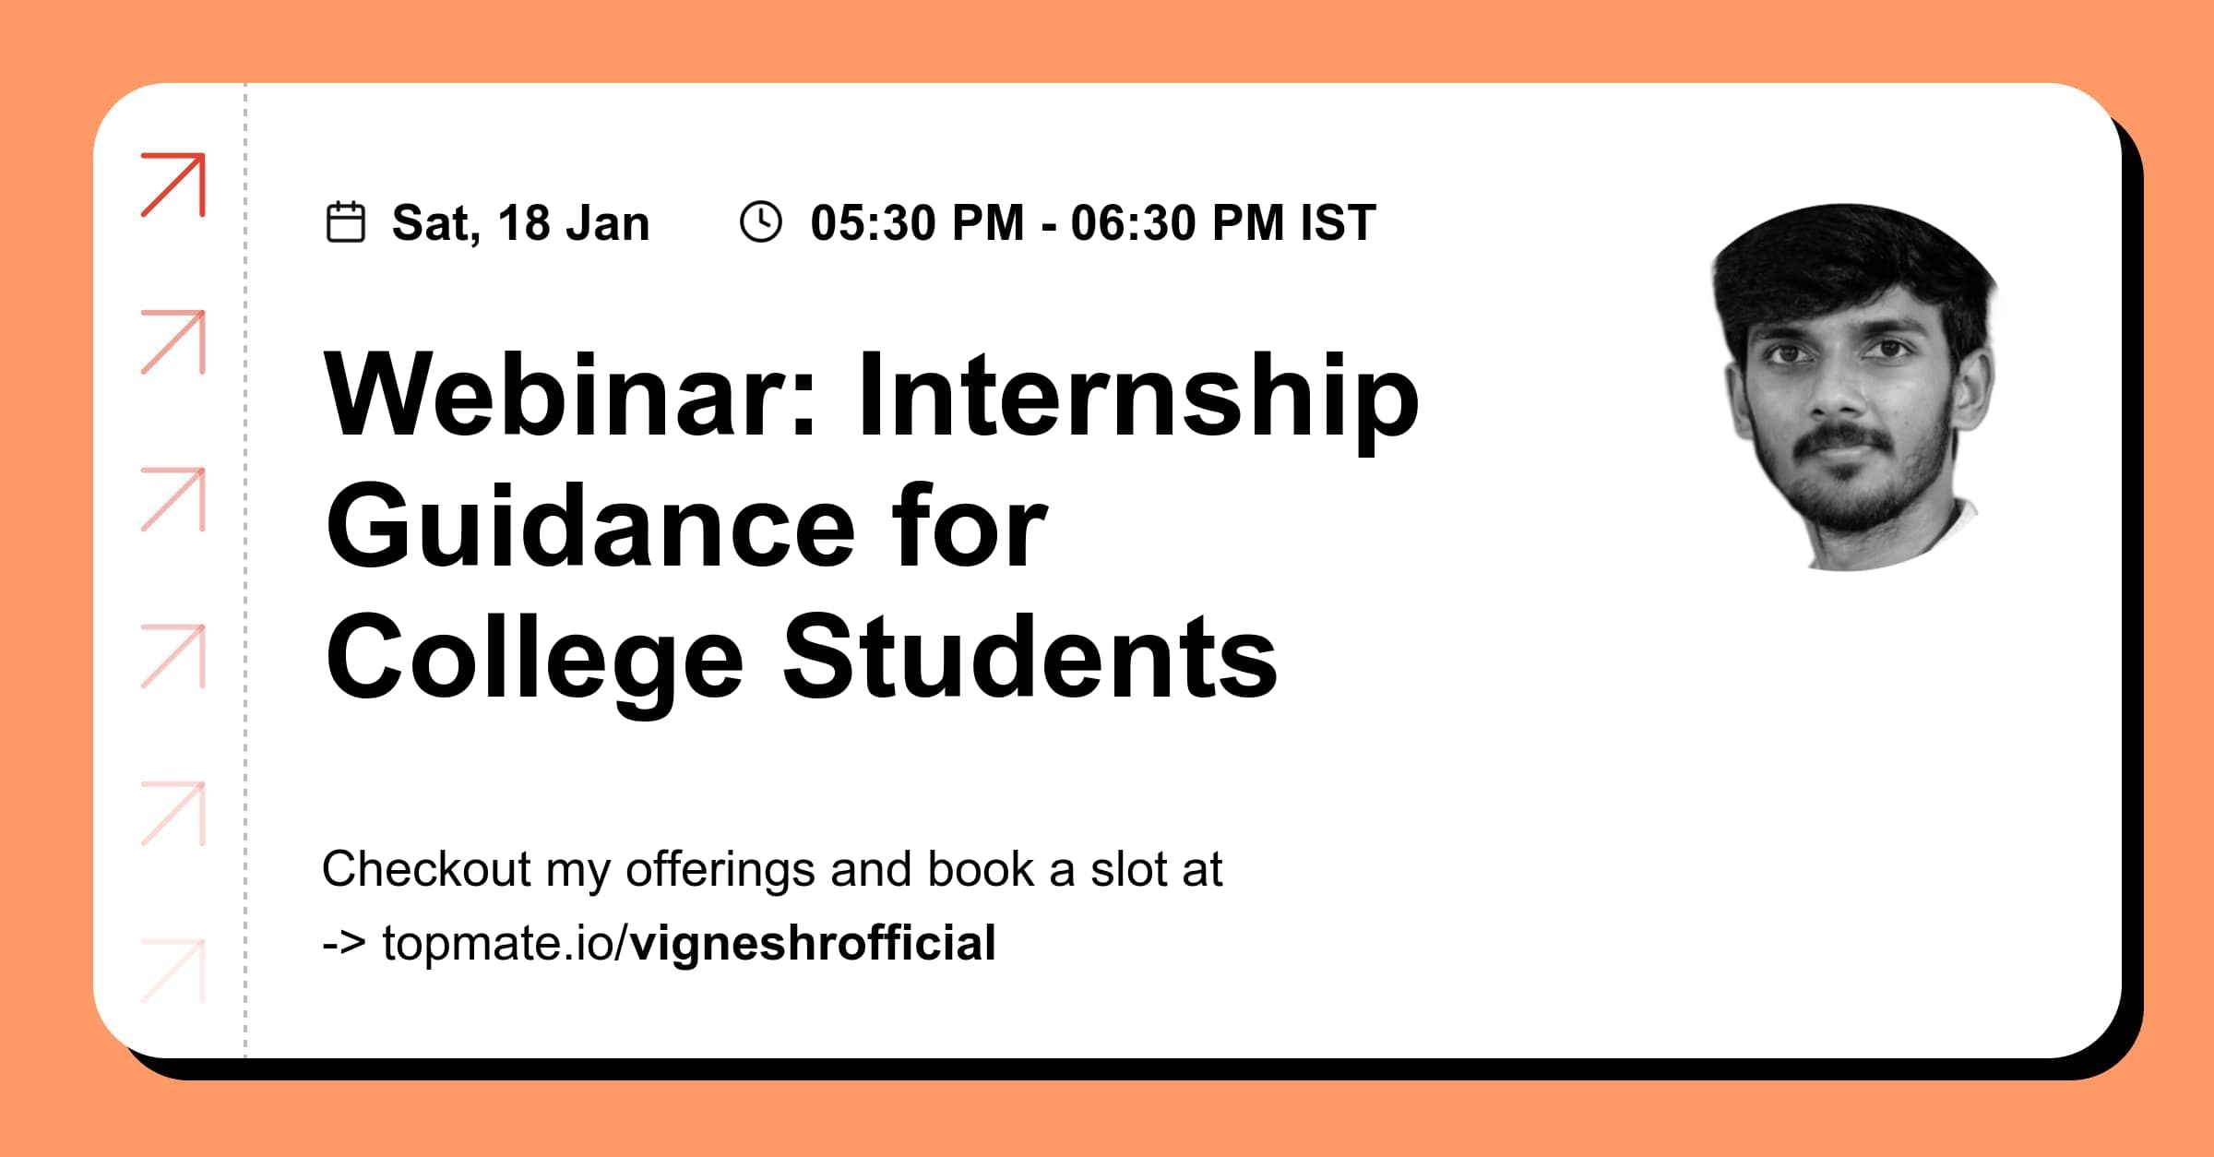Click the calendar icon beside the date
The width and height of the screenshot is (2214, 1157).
point(346,222)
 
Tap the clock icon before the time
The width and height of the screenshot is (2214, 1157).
point(761,222)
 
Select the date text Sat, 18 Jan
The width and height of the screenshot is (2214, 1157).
point(520,223)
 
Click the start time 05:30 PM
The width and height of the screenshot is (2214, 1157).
point(917,223)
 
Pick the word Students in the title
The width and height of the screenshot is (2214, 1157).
point(1030,657)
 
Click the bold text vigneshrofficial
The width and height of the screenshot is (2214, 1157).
point(813,943)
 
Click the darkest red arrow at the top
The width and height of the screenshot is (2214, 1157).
point(173,185)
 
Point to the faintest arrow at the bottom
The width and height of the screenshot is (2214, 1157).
point(173,971)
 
